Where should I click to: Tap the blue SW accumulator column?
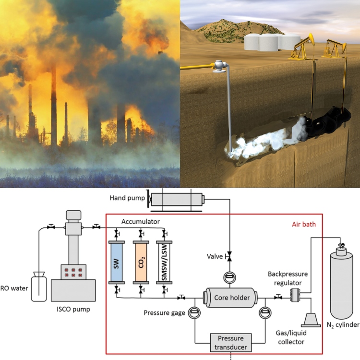[117, 264]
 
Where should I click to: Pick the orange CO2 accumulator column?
[141, 264]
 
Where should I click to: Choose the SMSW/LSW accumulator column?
[165, 264]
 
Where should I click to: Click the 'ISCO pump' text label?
[73, 310]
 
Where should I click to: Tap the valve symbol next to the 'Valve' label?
[229, 256]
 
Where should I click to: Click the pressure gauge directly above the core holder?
[229, 277]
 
